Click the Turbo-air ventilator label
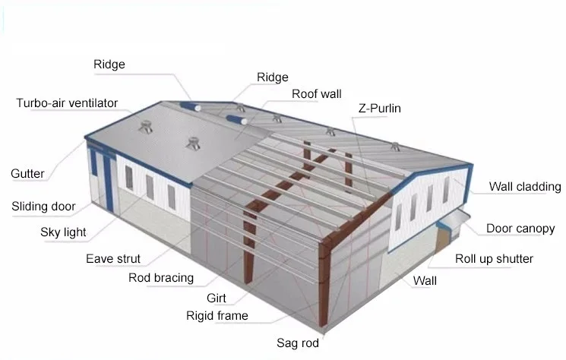click(68, 103)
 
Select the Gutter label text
click(27, 174)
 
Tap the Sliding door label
click(44, 206)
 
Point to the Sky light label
click(63, 232)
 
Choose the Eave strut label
click(113, 259)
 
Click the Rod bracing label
click(160, 278)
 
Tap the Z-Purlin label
click(379, 109)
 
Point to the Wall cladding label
click(524, 186)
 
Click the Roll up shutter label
click(494, 259)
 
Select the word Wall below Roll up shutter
click(425, 281)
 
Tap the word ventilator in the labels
click(90, 103)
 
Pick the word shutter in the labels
click(514, 259)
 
